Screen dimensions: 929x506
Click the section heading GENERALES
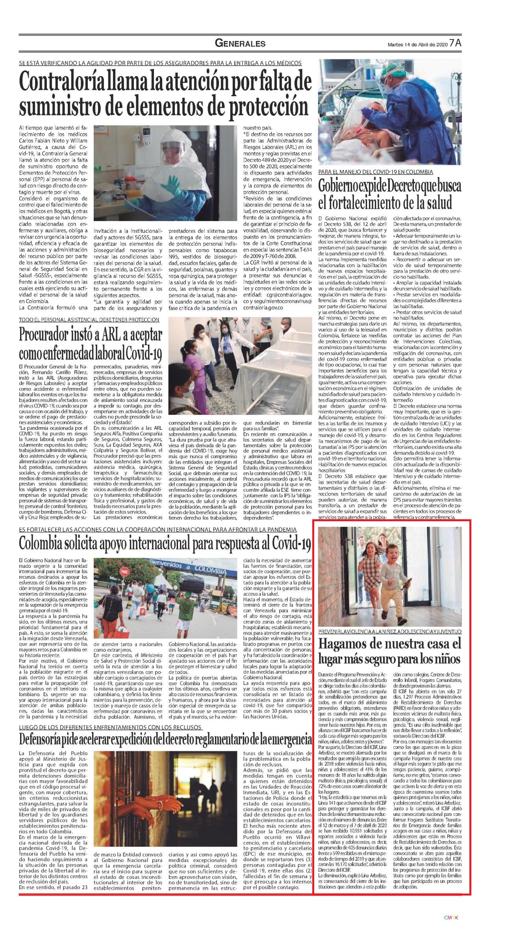point(240,43)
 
